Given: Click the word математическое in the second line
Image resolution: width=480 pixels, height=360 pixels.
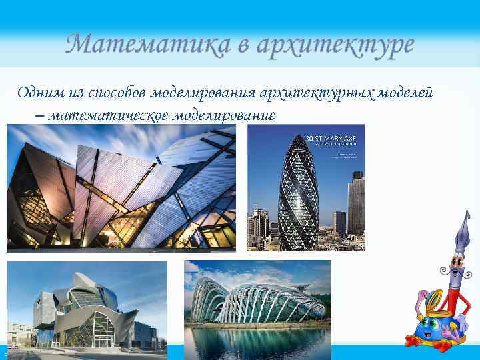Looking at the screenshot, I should pyautogui.click(x=108, y=115).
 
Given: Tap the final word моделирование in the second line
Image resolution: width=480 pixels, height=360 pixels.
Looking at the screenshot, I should pyautogui.click(x=223, y=115).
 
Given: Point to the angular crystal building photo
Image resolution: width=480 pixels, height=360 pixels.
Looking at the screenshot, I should pyautogui.click(x=121, y=189).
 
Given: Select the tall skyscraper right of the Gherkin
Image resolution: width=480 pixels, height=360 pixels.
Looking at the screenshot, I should pyautogui.click(x=356, y=203).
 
